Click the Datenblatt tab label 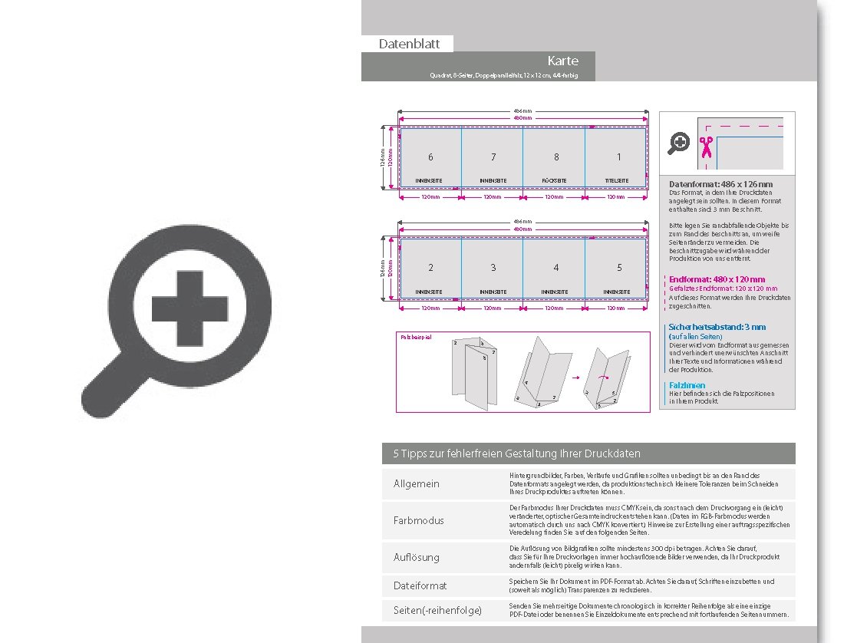pyautogui.click(x=409, y=45)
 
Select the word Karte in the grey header pyautogui.click(x=562, y=61)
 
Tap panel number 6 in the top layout pyautogui.click(x=430, y=157)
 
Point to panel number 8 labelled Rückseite pyautogui.click(x=556, y=157)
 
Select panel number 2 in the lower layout pyautogui.click(x=430, y=268)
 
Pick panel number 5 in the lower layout pyautogui.click(x=619, y=268)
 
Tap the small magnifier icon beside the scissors pyautogui.click(x=679, y=143)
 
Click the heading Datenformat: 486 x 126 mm pyautogui.click(x=720, y=184)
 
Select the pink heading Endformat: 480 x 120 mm pyautogui.click(x=717, y=279)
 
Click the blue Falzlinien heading pyautogui.click(x=687, y=385)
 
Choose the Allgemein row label pyautogui.click(x=417, y=484)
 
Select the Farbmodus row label pyautogui.click(x=418, y=520)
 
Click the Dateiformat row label pyautogui.click(x=420, y=585)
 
